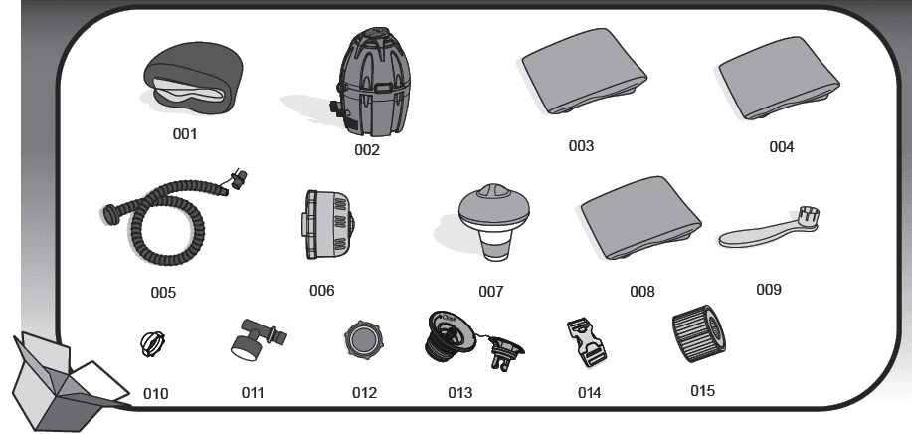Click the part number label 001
185,134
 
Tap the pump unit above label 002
372,82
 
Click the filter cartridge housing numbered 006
328,225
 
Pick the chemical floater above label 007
494,221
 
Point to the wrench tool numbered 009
769,228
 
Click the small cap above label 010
153,343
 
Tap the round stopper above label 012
364,340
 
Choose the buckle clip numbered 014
586,342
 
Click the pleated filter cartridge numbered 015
699,333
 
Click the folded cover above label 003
584,71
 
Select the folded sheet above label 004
778,78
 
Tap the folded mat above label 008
640,218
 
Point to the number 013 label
460,393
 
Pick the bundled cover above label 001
193,78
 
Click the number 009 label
769,289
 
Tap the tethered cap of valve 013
503,351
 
